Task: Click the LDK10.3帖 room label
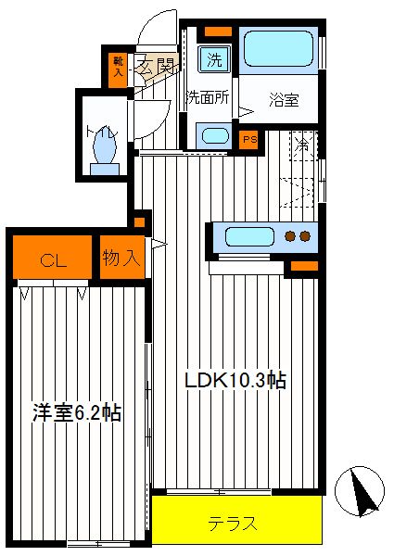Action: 235,381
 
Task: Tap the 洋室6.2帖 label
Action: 77,412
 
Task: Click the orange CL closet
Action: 53,257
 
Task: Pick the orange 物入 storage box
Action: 122,258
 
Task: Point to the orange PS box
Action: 249,139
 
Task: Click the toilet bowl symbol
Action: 104,149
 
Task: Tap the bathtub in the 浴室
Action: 279,48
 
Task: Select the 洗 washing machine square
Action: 214,59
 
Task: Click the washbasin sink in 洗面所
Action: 215,136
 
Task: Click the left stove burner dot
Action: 291,235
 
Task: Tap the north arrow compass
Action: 360,491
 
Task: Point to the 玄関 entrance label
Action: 156,66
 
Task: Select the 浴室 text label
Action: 284,100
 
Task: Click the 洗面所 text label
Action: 209,97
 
